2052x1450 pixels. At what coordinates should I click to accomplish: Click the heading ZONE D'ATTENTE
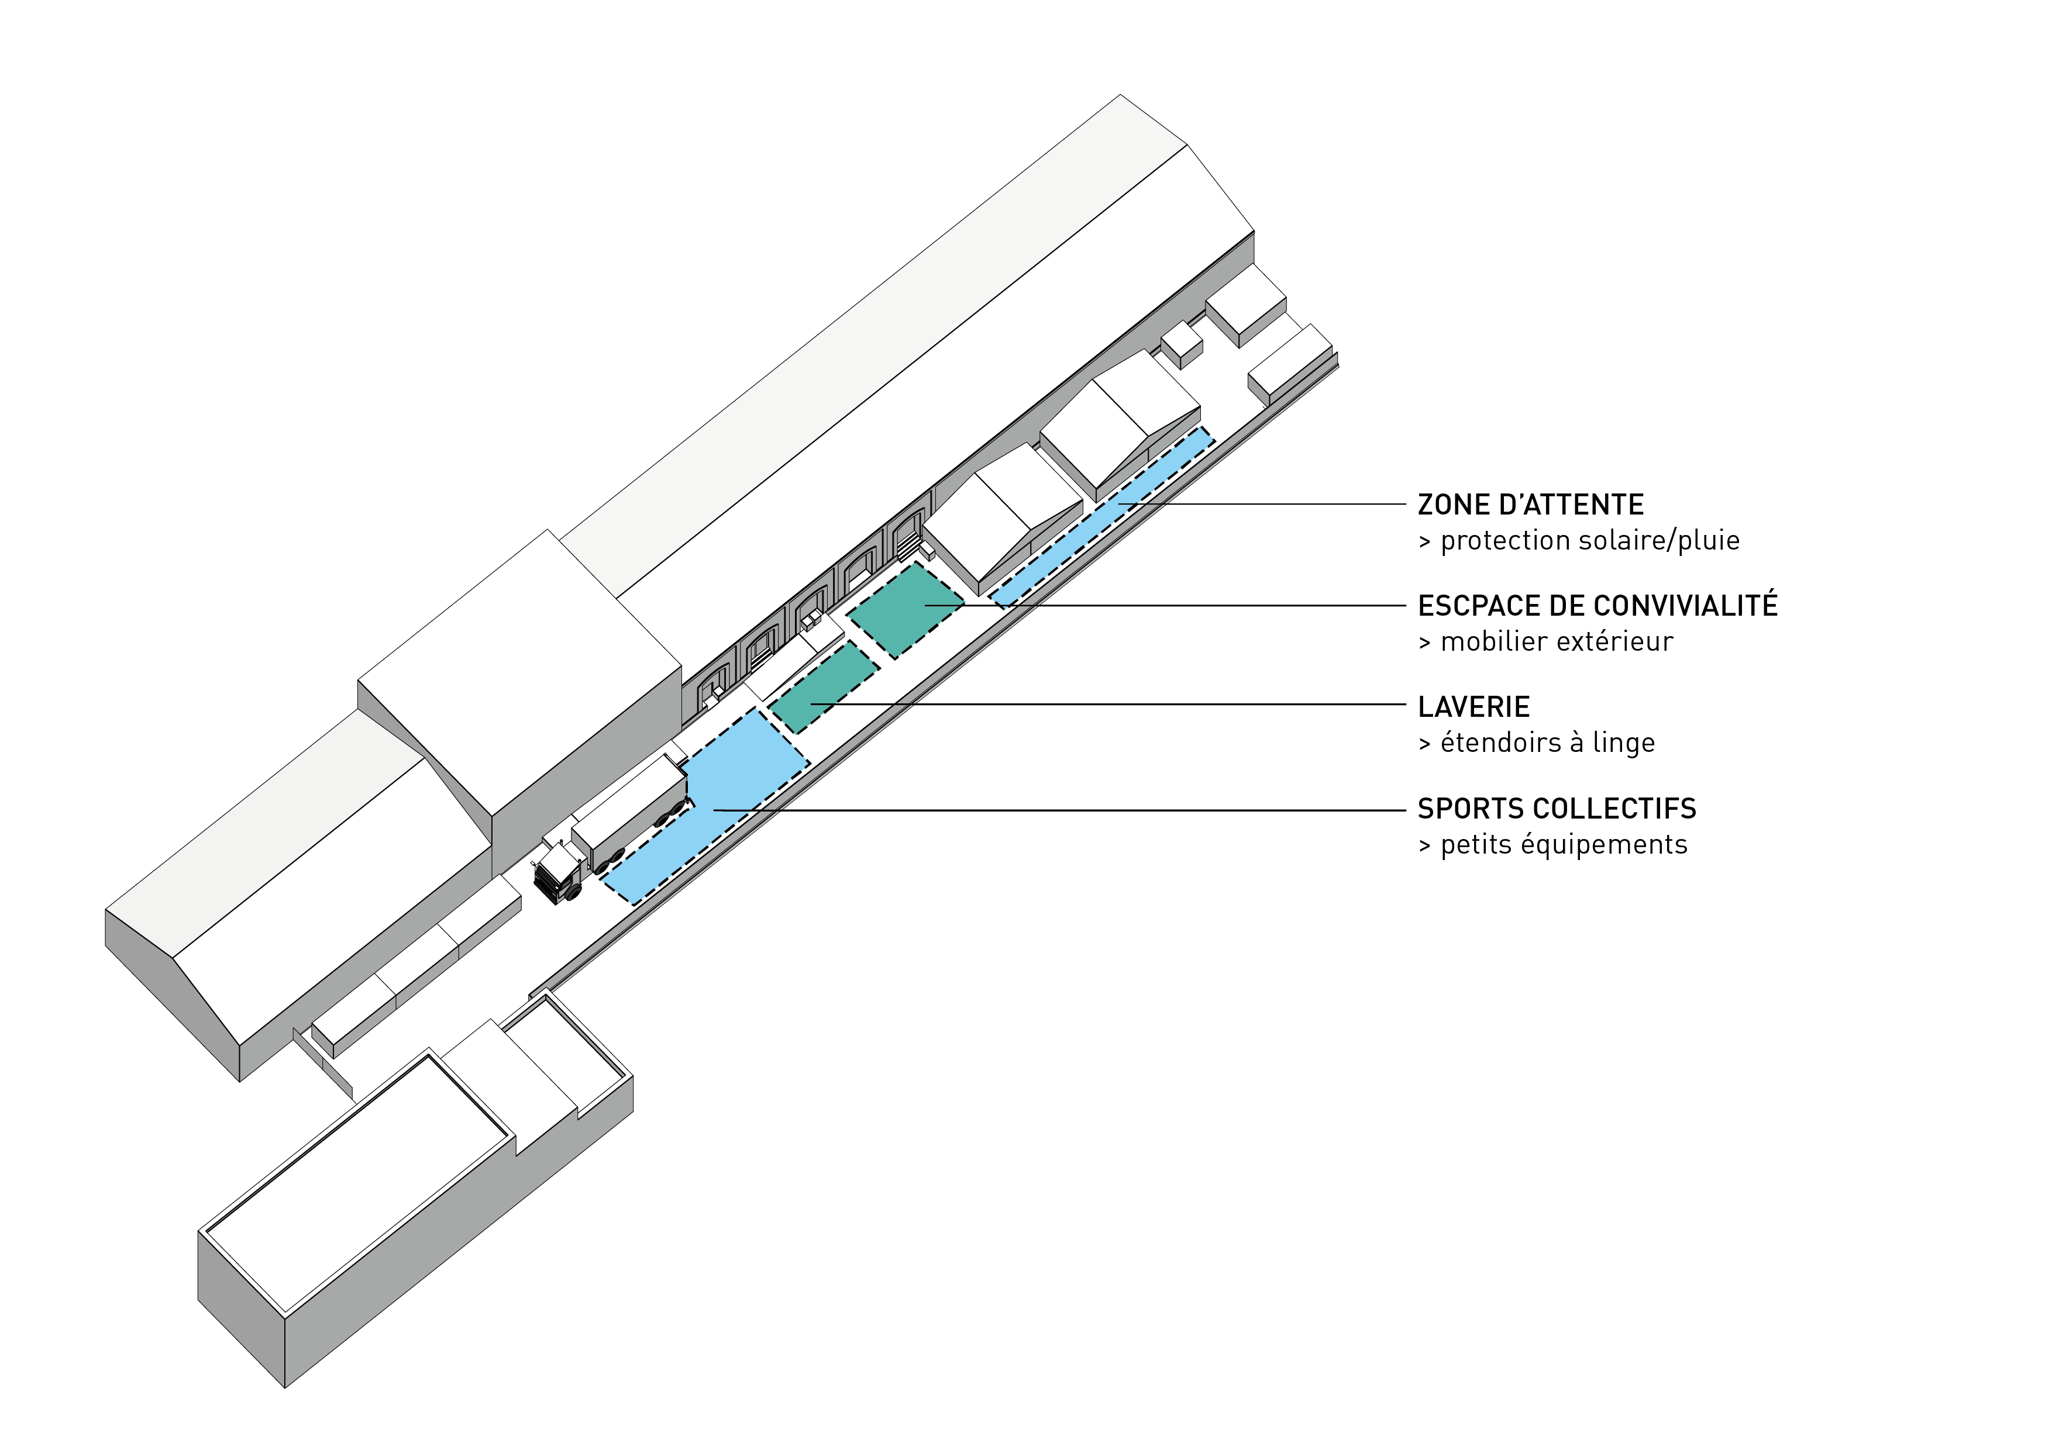click(x=1530, y=505)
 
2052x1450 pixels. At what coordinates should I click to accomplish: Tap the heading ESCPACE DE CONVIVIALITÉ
click(x=1597, y=606)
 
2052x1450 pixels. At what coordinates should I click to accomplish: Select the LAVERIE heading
click(x=1473, y=707)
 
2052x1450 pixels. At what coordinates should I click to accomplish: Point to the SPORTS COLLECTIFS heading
click(x=1556, y=809)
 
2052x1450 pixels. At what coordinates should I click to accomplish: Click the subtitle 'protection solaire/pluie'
click(x=1589, y=540)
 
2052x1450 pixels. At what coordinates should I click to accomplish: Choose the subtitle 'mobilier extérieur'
click(x=1556, y=641)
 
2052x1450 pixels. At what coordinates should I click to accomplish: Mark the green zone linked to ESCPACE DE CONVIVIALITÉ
click(x=906, y=609)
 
